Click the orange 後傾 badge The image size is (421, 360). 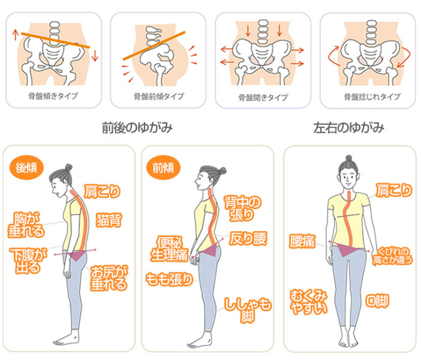click(x=26, y=168)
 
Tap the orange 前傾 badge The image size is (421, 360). click(x=163, y=168)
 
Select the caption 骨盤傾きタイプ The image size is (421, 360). click(x=53, y=96)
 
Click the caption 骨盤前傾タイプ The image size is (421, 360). click(x=159, y=96)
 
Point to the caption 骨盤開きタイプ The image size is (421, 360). click(x=263, y=97)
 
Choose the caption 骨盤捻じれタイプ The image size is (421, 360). click(x=372, y=97)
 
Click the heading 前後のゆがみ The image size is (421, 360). click(x=137, y=128)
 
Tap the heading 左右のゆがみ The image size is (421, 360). click(x=349, y=128)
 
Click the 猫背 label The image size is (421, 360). click(x=109, y=220)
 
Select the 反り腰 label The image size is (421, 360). click(x=248, y=238)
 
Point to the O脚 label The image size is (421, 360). click(x=377, y=301)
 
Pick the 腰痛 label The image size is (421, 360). click(x=302, y=241)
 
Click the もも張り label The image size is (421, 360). click(x=169, y=280)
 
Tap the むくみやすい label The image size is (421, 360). click(x=309, y=302)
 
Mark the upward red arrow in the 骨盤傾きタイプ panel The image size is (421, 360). click(x=16, y=35)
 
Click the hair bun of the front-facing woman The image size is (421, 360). click(x=349, y=158)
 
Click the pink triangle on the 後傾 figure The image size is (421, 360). click(x=77, y=256)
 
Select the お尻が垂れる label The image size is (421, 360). click(x=109, y=278)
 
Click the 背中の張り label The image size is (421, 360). click(x=242, y=208)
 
